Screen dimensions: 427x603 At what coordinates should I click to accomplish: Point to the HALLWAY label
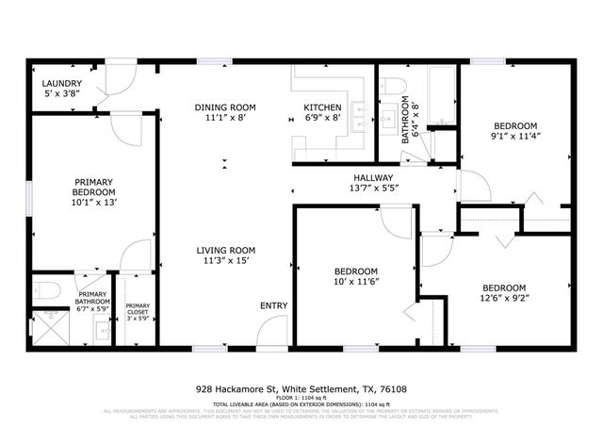373,178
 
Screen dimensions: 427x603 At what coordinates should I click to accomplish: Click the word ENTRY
274,306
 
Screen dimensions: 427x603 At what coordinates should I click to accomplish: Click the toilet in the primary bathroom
46,289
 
